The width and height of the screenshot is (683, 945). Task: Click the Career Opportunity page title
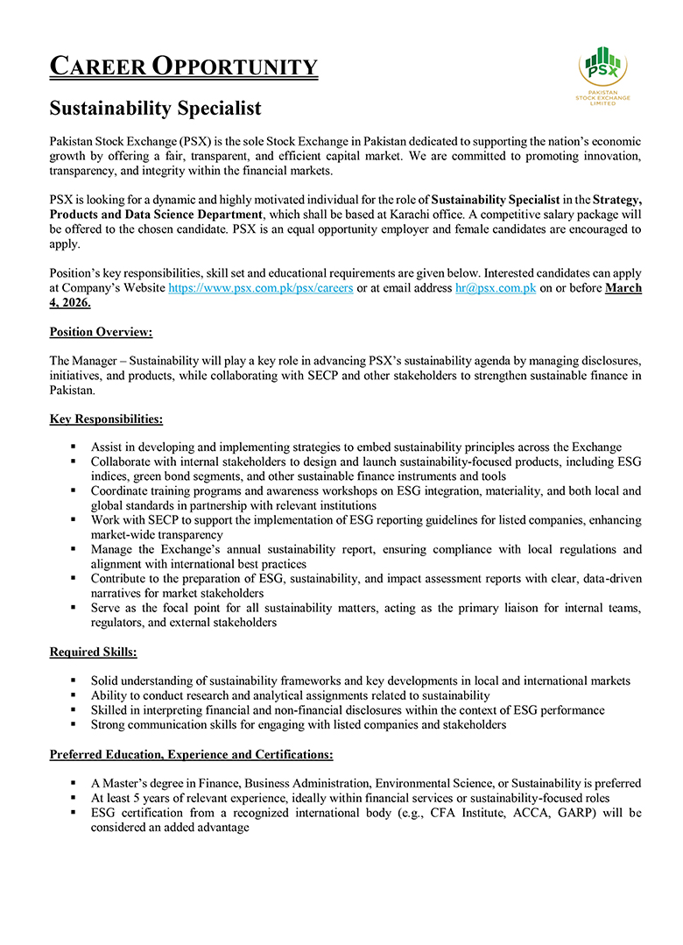click(x=183, y=67)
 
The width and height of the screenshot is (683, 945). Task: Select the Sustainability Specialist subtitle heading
click(x=155, y=109)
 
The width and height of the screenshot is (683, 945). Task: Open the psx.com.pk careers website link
click(x=261, y=288)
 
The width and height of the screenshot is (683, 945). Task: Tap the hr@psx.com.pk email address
click(x=495, y=288)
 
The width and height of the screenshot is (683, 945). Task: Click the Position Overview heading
click(x=101, y=333)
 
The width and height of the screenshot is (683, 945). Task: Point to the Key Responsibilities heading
click(x=106, y=420)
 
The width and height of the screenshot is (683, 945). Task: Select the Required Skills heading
click(x=94, y=652)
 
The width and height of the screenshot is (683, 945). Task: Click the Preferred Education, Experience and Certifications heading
click(x=191, y=754)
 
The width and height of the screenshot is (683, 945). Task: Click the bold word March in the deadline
click(x=623, y=288)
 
